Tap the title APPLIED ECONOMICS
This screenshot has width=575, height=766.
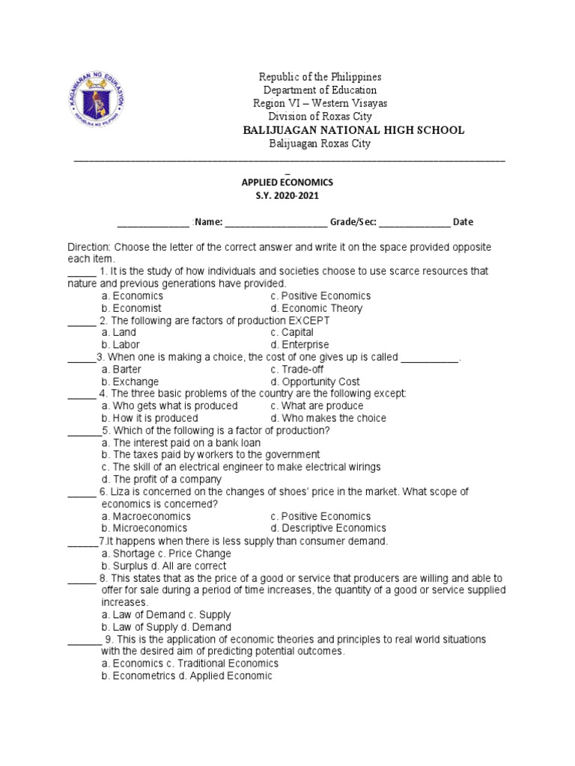pos(287,182)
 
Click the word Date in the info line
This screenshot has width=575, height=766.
pos(463,222)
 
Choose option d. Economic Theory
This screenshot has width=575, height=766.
pos(317,308)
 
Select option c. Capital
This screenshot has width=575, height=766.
pos(292,332)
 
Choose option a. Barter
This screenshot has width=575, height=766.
pos(121,370)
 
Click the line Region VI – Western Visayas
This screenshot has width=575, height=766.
pos(323,103)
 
